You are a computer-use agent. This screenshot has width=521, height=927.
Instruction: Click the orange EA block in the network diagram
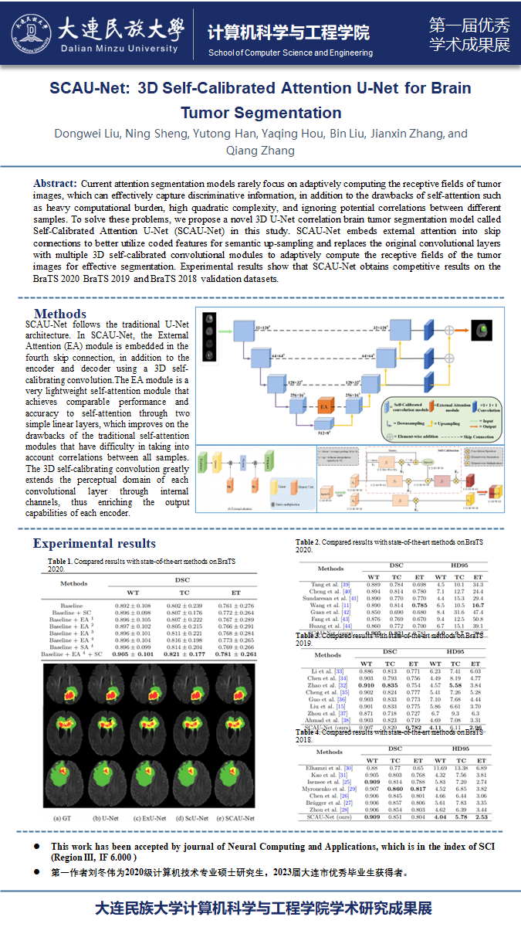tap(326, 405)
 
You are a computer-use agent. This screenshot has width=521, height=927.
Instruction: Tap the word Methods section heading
tap(60, 314)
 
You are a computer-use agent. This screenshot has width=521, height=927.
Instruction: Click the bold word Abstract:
tap(55, 183)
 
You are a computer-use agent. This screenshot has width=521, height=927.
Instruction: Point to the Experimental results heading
tap(94, 543)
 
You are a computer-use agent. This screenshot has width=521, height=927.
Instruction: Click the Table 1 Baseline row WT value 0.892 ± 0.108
tap(133, 606)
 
